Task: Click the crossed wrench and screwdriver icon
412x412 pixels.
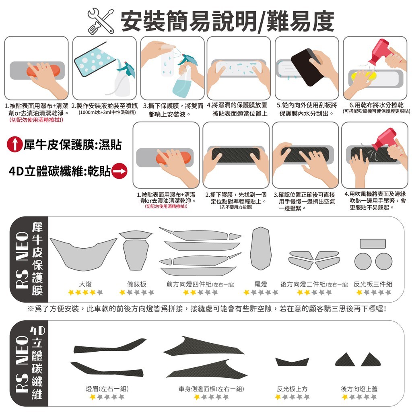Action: [x=100, y=21]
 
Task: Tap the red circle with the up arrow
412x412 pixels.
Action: [x=15, y=144]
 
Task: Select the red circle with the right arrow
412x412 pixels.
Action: [x=119, y=171]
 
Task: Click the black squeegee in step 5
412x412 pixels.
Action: [x=307, y=67]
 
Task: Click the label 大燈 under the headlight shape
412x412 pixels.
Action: [x=85, y=284]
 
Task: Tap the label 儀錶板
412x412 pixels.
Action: [x=137, y=284]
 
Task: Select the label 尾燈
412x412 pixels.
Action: [x=261, y=284]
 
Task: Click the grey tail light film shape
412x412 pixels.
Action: [x=261, y=249]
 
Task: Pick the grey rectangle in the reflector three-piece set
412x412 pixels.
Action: [x=373, y=243]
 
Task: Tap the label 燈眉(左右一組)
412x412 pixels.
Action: [x=107, y=389]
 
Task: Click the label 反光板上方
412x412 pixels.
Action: [x=292, y=389]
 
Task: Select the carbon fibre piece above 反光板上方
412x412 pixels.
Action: [x=292, y=362]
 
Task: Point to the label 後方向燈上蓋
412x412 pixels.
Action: [x=359, y=389]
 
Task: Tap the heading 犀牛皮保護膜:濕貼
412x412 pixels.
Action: [x=72, y=144]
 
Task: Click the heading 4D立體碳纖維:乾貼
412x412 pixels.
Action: [x=60, y=171]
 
